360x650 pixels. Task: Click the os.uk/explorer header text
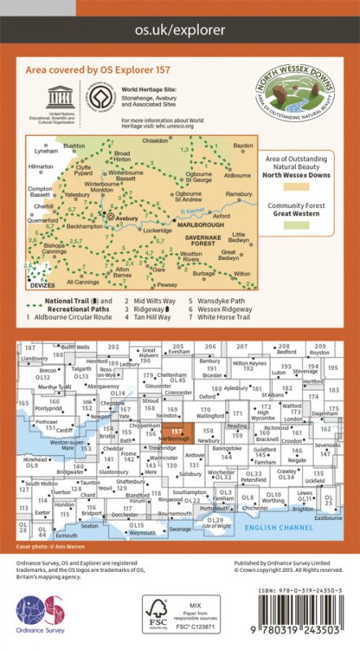pyautogui.click(x=180, y=32)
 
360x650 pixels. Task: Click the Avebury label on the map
pyautogui.click(x=124, y=218)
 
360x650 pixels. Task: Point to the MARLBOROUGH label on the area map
pyautogui.click(x=200, y=227)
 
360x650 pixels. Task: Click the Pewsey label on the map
pyautogui.click(x=167, y=285)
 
